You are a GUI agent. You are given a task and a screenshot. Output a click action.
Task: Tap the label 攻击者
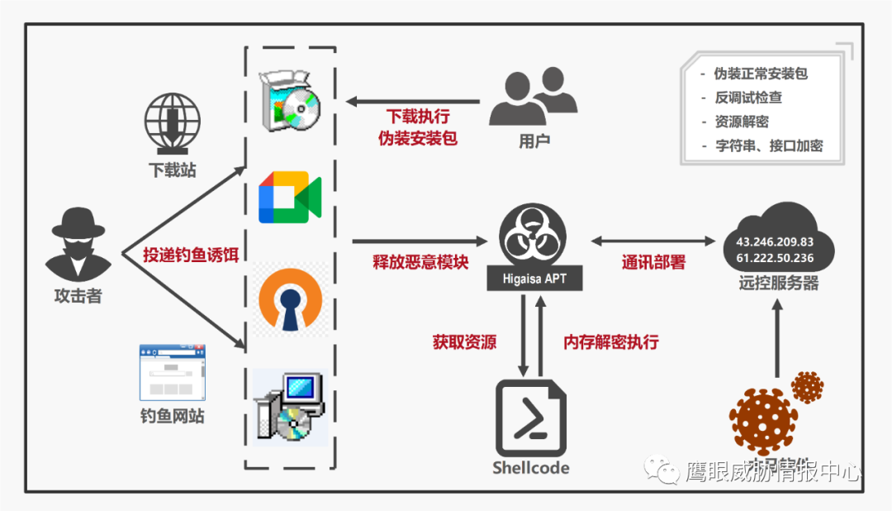(x=78, y=296)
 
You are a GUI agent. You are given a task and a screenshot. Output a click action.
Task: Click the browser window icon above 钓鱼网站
(x=172, y=372)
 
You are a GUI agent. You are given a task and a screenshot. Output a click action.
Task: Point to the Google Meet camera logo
(x=289, y=198)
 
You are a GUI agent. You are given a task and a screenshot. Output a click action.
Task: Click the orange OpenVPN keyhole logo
(x=289, y=298)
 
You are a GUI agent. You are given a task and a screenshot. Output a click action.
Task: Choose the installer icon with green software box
(x=289, y=101)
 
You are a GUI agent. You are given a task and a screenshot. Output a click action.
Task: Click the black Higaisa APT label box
(x=534, y=279)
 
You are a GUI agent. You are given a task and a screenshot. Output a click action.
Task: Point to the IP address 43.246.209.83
(x=769, y=242)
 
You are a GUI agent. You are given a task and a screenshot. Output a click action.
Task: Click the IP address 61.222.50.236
(x=769, y=259)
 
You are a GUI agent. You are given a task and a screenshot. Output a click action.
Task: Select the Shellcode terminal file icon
(x=531, y=418)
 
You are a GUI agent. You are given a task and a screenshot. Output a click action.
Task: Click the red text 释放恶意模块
(x=420, y=263)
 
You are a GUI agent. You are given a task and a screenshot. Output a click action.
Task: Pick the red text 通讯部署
(x=653, y=263)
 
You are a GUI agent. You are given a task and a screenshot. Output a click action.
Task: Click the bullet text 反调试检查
(x=748, y=98)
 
